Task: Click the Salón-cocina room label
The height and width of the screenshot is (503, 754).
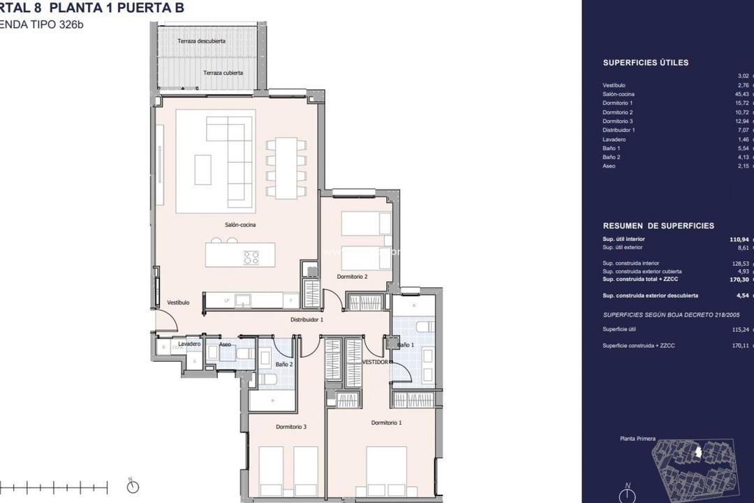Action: pyautogui.click(x=240, y=225)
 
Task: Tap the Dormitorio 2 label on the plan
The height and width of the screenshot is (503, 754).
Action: pyautogui.click(x=352, y=277)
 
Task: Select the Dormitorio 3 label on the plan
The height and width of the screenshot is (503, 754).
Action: pyautogui.click(x=291, y=427)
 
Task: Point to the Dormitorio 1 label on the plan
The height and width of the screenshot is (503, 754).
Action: pyautogui.click(x=386, y=423)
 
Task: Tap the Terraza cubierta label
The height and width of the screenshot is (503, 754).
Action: pyautogui.click(x=223, y=73)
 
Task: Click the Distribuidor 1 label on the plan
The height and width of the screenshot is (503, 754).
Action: pyautogui.click(x=306, y=319)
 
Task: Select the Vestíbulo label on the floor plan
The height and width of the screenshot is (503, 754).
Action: pyautogui.click(x=179, y=302)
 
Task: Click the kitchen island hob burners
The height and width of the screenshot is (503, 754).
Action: pyautogui.click(x=251, y=257)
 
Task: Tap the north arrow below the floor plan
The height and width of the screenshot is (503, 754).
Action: pyautogui.click(x=133, y=486)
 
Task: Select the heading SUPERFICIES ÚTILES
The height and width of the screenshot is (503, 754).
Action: pyautogui.click(x=646, y=63)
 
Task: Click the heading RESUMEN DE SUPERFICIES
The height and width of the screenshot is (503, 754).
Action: pyautogui.click(x=658, y=226)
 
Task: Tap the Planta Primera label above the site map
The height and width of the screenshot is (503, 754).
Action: pyautogui.click(x=637, y=439)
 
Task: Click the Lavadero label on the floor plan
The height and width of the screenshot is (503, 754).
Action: pyautogui.click(x=189, y=344)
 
